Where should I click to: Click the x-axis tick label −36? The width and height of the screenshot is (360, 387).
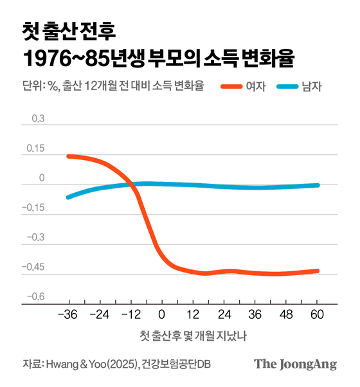tap(67, 315)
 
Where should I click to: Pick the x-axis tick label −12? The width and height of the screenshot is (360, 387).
tap(131, 315)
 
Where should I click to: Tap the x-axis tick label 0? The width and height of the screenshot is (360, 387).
tap(161, 315)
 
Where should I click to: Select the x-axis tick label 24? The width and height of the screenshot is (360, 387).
tap(224, 315)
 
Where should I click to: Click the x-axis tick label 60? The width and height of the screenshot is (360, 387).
tap(317, 315)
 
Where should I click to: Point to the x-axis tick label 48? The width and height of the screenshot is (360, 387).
tap(286, 315)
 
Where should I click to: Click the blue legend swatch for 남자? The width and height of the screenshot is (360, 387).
tap(287, 86)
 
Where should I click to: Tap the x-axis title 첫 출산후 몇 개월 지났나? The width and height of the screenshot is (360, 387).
tap(192, 337)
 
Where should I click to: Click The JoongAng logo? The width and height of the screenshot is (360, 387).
tap(295, 364)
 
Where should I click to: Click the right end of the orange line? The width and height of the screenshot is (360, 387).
tap(318, 271)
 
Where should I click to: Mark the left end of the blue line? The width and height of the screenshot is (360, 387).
tap(68, 197)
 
